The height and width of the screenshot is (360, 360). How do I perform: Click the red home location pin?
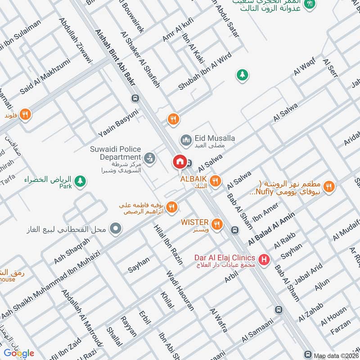pyautogui.click(x=180, y=162)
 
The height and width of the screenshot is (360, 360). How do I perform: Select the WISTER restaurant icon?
pyautogui.click(x=217, y=223)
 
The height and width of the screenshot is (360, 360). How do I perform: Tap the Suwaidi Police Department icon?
pyautogui.click(x=150, y=157)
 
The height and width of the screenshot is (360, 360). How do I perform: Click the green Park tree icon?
pyautogui.click(x=80, y=181)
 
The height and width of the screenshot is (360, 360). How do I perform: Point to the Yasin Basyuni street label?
pyautogui.click(x=119, y=123)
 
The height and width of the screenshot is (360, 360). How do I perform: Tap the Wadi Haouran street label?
pyautogui.click(x=180, y=291)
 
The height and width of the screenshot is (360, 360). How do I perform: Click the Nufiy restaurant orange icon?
pyautogui.click(x=329, y=185)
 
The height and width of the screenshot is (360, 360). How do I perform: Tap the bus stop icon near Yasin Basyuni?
pyautogui.click(x=135, y=98)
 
